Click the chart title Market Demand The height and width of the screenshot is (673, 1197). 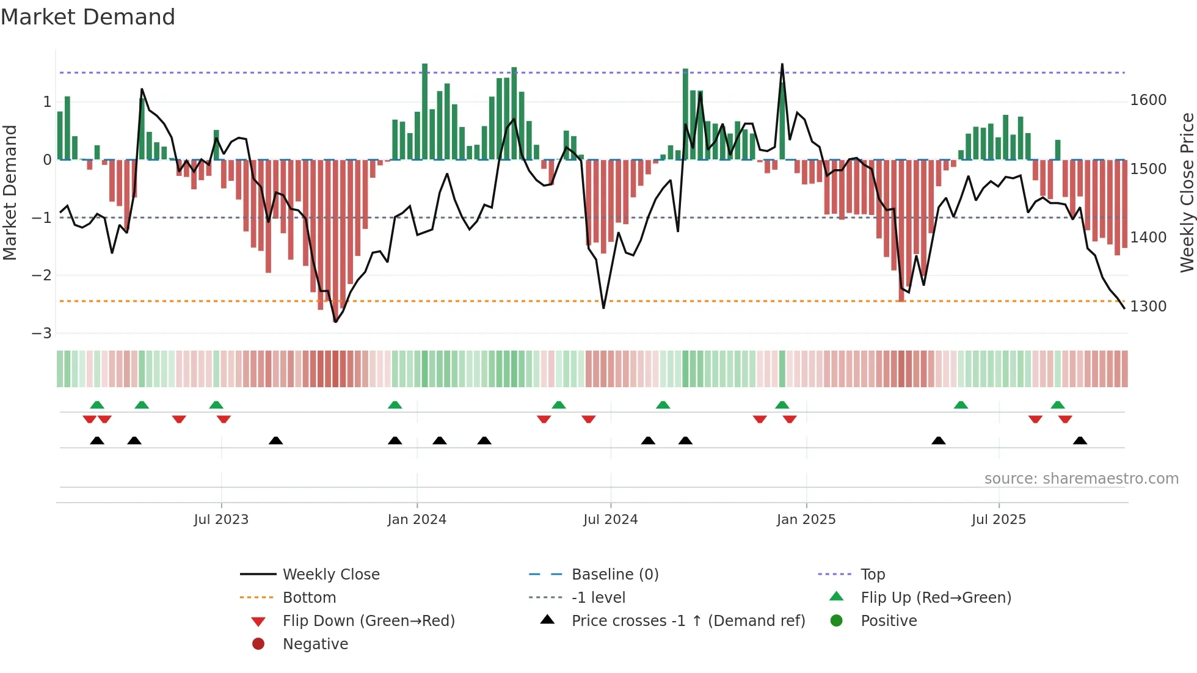[x=88, y=17]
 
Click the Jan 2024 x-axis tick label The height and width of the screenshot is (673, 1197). [x=417, y=519]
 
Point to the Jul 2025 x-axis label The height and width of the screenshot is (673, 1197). [x=999, y=519]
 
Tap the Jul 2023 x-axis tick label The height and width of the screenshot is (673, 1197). [x=221, y=519]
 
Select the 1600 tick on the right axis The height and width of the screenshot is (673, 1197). [x=1148, y=100]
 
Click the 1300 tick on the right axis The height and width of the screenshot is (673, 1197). [x=1148, y=306]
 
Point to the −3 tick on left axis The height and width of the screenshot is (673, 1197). [x=42, y=333]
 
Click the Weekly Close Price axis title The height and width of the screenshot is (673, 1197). [x=1187, y=192]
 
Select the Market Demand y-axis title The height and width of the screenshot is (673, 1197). [x=10, y=192]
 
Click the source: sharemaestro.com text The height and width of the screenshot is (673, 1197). [x=1081, y=479]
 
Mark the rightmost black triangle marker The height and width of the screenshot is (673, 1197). [x=1080, y=440]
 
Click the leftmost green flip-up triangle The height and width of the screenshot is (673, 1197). [x=97, y=404]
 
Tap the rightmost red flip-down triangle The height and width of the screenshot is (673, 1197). [x=1065, y=419]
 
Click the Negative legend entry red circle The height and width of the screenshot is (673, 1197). [x=258, y=644]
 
